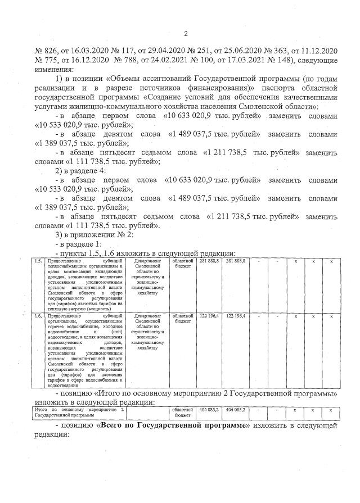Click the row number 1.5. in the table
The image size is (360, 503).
click(38, 261)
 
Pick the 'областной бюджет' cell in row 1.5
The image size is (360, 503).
click(183, 264)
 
